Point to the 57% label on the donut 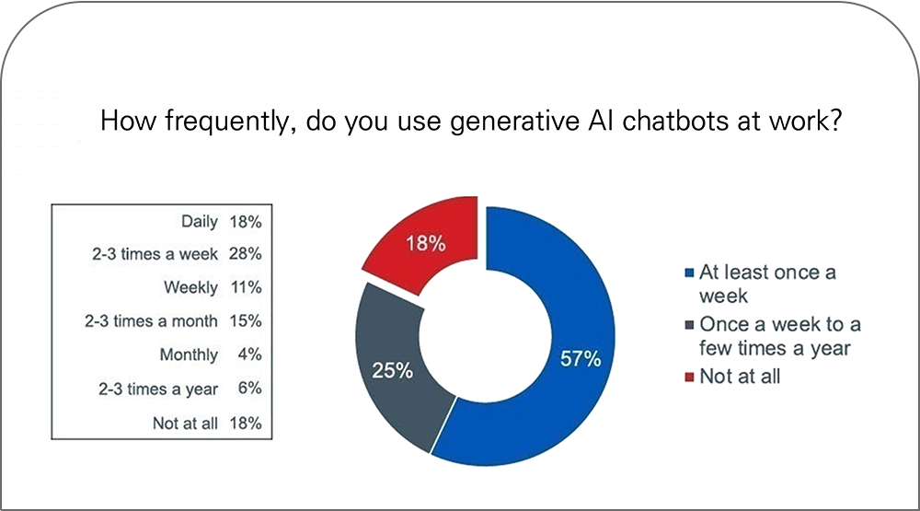581,358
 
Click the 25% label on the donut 393,371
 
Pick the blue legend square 689,273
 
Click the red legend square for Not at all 689,377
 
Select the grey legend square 689,324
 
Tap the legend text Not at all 740,376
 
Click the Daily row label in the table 200,221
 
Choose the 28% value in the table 246,254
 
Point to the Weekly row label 190,287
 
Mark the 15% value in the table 246,320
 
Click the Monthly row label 189,354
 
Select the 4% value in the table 249,354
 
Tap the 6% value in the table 249,389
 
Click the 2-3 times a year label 158,389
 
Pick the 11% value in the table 246,287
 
